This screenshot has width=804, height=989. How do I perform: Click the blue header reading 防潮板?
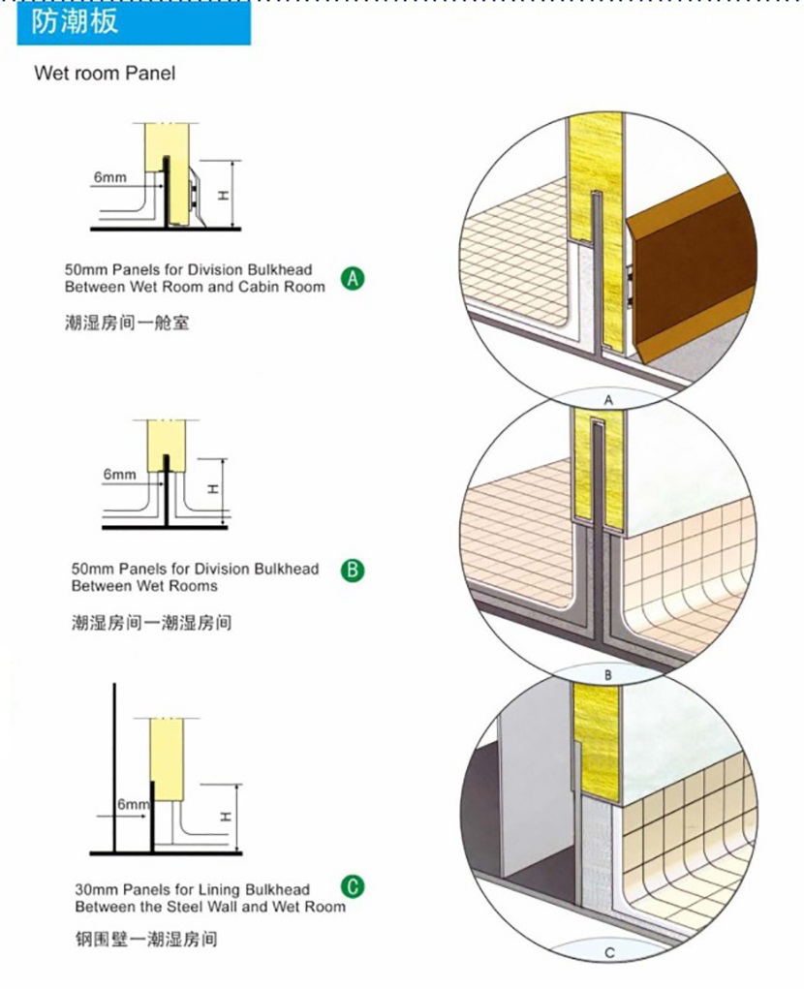point(134,22)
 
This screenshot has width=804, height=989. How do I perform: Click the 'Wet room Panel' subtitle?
point(105,74)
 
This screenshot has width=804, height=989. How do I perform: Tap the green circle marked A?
point(353,278)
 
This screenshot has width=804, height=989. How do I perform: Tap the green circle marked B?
point(353,571)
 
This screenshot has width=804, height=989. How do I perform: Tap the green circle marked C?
point(353,887)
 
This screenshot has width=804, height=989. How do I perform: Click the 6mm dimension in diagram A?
point(109,177)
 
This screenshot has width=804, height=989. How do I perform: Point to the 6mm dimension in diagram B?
point(120,474)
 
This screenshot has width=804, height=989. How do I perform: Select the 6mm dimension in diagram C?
point(133,804)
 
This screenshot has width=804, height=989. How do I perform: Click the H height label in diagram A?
point(223,196)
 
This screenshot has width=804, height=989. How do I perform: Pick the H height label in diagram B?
point(214,488)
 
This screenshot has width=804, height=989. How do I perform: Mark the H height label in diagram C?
point(226,817)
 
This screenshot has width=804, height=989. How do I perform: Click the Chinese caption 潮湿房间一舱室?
point(127,324)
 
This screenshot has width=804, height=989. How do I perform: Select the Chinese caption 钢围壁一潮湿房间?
point(145,940)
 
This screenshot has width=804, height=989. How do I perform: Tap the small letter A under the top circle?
point(608,400)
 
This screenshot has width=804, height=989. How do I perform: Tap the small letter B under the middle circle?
point(608,675)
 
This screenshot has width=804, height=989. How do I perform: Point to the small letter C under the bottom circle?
point(609,952)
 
